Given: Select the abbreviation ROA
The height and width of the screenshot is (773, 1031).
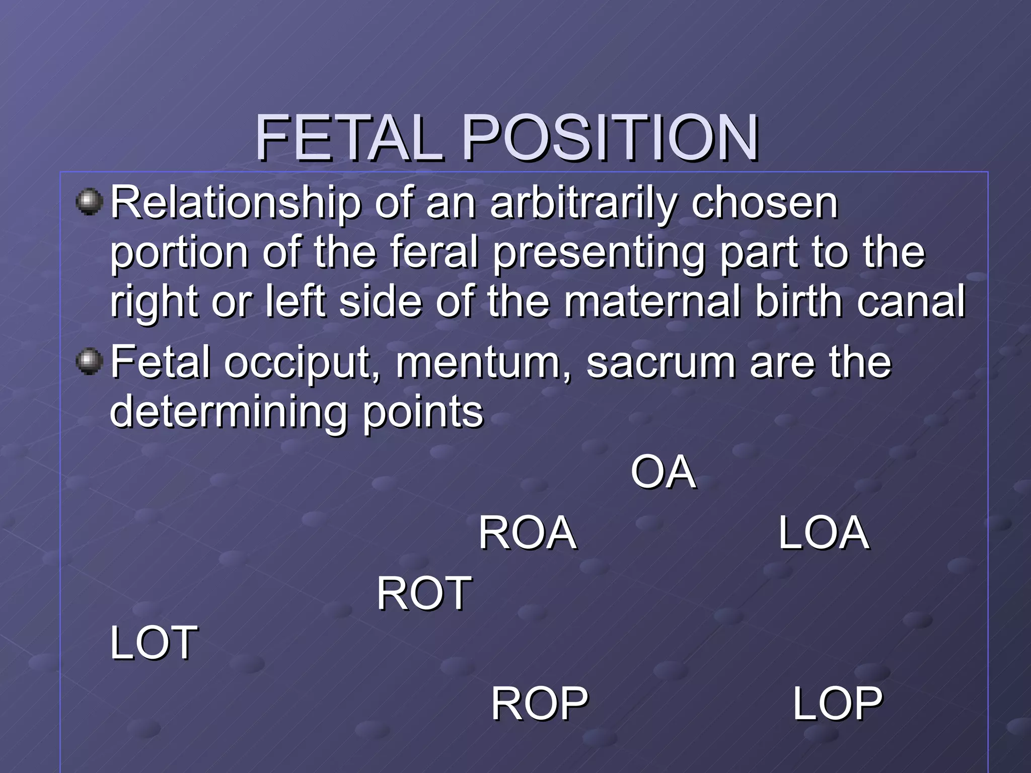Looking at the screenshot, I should click(x=527, y=533).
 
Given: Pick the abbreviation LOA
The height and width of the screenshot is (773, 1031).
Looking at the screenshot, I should click(x=824, y=533).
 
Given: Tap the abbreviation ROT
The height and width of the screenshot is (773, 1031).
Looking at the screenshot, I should click(x=424, y=593).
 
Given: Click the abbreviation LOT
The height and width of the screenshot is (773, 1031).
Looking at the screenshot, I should click(x=154, y=643).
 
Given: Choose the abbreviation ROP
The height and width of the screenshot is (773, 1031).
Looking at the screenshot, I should click(x=539, y=704).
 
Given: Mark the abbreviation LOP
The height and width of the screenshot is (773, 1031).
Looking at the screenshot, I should click(x=837, y=704).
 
